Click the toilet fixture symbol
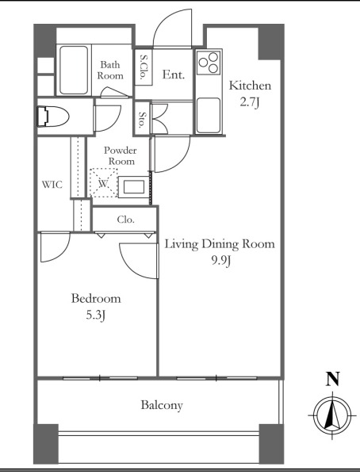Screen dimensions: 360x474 coord(52,116)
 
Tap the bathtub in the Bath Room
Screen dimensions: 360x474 coord(74,70)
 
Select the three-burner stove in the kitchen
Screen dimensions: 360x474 coord(209,63)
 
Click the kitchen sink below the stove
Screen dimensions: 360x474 coord(208,115)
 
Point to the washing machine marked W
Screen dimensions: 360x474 coord(103,183)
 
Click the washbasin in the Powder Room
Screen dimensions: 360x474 coord(133,187)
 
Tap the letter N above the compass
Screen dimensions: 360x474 coord(332,379)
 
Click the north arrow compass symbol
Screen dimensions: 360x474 coord(332,415)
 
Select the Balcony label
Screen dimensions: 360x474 coord(162,405)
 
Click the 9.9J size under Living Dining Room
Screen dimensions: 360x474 coord(221,260)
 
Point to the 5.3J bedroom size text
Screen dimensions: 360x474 coord(96,315)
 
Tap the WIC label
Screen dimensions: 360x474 coord(52,185)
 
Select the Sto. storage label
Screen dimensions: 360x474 coord(142,120)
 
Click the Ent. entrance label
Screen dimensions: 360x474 coord(174,75)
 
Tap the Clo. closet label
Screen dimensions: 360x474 coord(125,220)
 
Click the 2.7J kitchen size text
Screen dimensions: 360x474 coord(250,102)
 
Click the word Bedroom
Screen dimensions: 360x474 coord(96,298)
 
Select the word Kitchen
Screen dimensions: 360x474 coord(250,86)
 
